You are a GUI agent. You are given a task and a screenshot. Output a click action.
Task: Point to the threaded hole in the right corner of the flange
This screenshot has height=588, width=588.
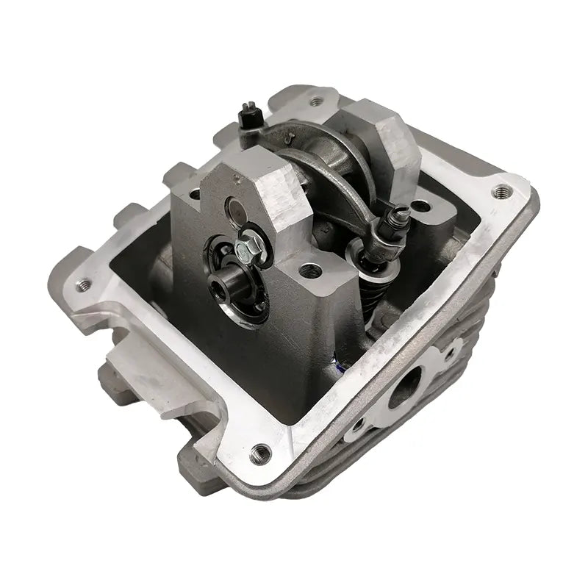[x=503, y=190]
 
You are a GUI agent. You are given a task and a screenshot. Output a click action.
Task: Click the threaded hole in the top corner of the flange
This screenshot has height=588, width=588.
[x=317, y=101]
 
